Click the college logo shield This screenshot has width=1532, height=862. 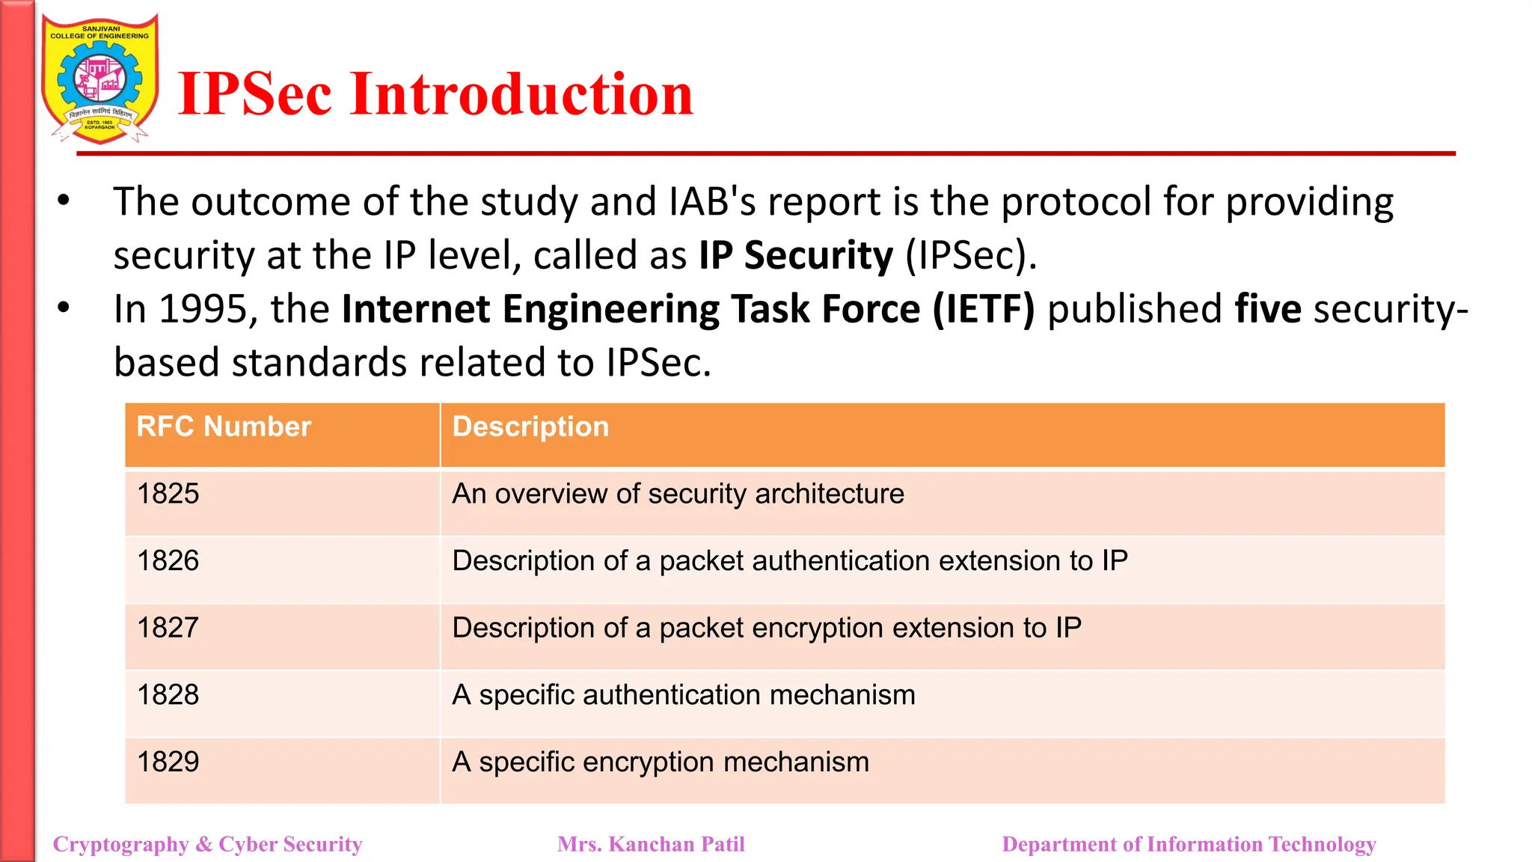pyautogui.click(x=100, y=79)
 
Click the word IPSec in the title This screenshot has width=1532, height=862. pyautogui.click(x=255, y=94)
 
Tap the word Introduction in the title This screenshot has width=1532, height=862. pyautogui.click(x=521, y=94)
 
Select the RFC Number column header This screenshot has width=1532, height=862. pyautogui.click(x=224, y=427)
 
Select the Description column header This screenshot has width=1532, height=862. pyautogui.click(x=530, y=427)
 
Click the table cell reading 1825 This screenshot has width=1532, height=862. pyautogui.click(x=168, y=494)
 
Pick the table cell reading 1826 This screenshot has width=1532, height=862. pyautogui.click(x=168, y=560)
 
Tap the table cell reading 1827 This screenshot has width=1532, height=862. pyautogui.click(x=168, y=628)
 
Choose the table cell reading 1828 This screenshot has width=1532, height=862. pyautogui.click(x=168, y=695)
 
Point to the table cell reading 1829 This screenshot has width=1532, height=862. pyautogui.click(x=168, y=762)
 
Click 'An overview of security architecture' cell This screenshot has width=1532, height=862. pyautogui.click(x=678, y=494)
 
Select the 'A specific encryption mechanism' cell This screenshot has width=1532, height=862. pyautogui.click(x=661, y=762)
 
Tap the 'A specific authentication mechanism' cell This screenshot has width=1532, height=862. pyautogui.click(x=684, y=695)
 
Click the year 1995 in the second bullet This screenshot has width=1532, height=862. pyautogui.click(x=203, y=309)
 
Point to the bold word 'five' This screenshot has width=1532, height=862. pyautogui.click(x=1267, y=309)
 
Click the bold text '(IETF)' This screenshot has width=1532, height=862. pyautogui.click(x=983, y=309)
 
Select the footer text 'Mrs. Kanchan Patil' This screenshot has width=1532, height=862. pyautogui.click(x=651, y=844)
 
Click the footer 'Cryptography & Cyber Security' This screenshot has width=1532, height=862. pyautogui.click(x=208, y=844)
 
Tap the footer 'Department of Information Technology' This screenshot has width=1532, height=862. pyautogui.click(x=1189, y=844)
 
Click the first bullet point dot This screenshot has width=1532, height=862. pyautogui.click(x=64, y=201)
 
